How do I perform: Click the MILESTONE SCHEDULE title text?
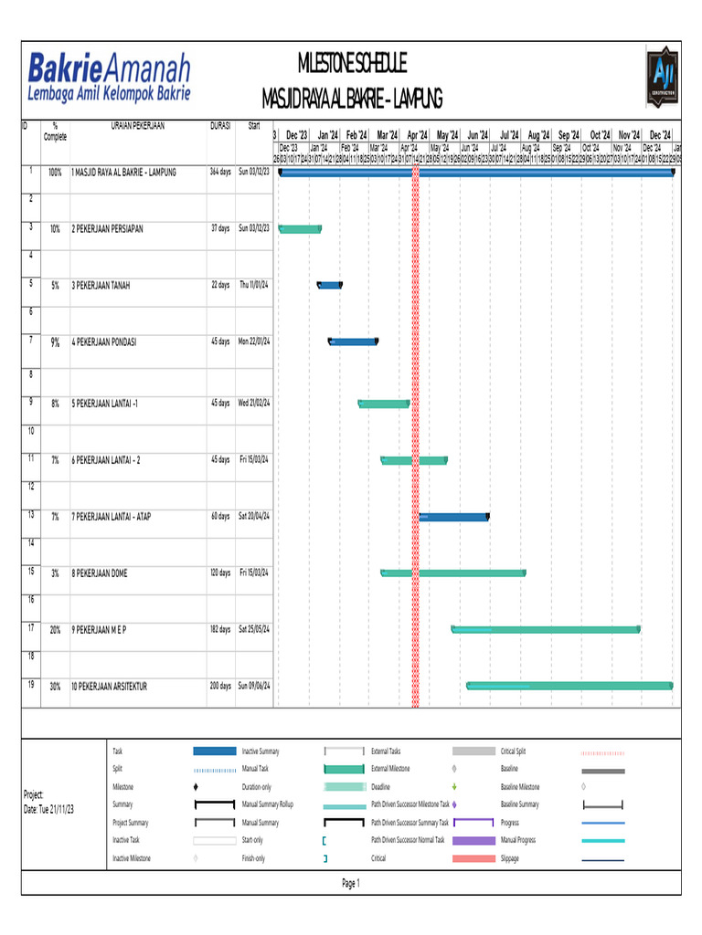(x=352, y=64)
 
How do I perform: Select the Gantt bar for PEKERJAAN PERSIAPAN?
(x=300, y=228)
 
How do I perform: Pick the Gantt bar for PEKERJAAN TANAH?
(x=329, y=286)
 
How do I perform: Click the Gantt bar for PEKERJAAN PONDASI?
(x=353, y=342)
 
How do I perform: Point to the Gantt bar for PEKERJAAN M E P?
(x=546, y=629)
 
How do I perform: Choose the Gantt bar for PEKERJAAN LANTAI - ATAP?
(x=454, y=517)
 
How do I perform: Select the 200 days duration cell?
(x=220, y=686)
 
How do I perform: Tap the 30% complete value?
(x=56, y=686)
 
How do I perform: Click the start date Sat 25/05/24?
(x=254, y=629)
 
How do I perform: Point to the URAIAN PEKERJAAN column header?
(x=138, y=126)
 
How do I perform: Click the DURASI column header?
(x=220, y=126)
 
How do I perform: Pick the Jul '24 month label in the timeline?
(x=508, y=134)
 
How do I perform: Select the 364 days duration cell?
(x=220, y=172)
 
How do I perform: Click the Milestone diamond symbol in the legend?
(x=197, y=786)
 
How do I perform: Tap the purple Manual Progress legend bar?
(x=473, y=840)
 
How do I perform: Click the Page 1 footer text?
(x=351, y=883)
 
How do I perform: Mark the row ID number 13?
(x=31, y=515)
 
